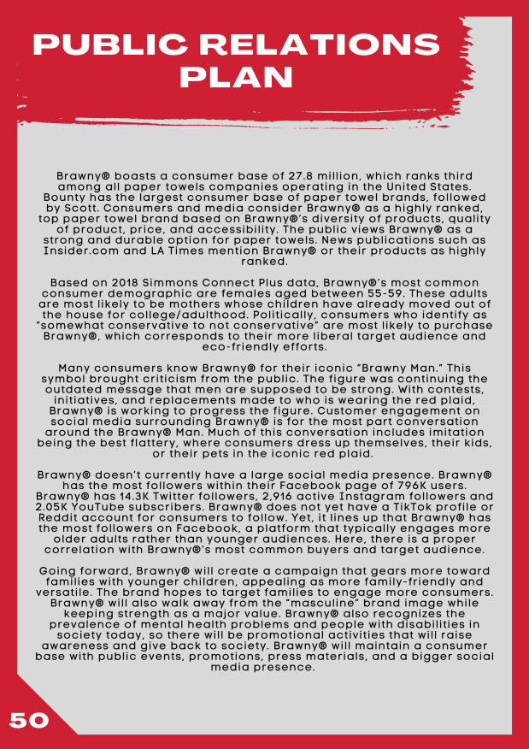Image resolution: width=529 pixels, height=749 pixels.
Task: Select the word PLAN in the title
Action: pos(236,77)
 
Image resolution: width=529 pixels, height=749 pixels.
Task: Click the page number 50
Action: pos(29,720)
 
